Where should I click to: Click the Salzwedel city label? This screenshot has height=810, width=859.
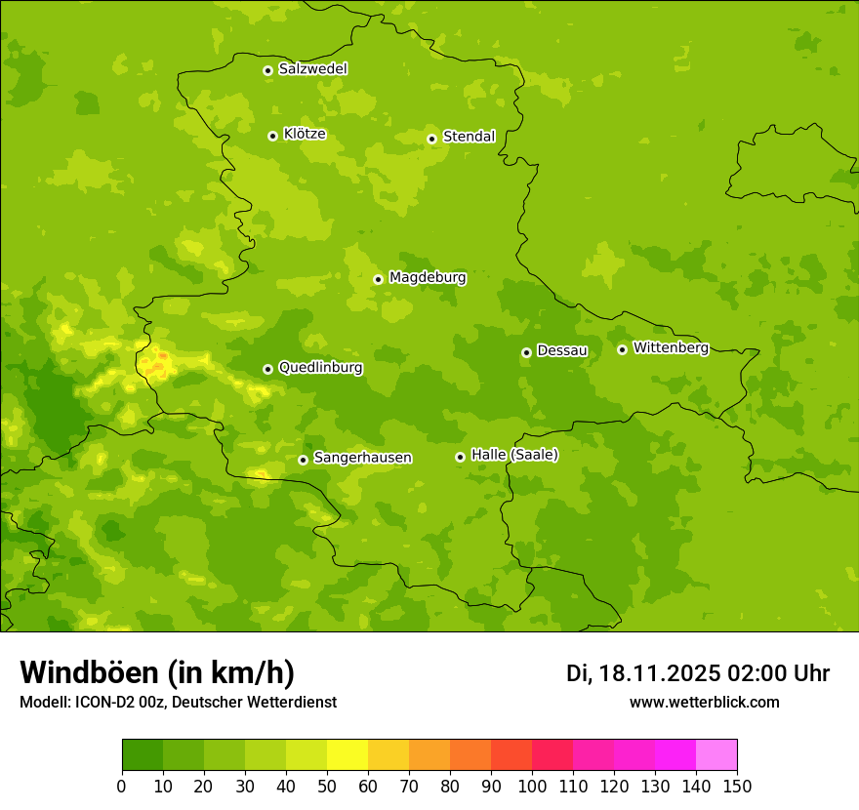pyautogui.click(x=312, y=69)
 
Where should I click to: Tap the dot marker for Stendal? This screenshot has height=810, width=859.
pyautogui.click(x=431, y=139)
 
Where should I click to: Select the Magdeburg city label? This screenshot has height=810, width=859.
pyautogui.click(x=428, y=278)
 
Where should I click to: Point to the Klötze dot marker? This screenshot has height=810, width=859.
pyautogui.click(x=272, y=136)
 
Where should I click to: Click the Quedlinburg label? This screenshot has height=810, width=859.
pyautogui.click(x=320, y=368)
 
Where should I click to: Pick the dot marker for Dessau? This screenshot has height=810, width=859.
pyautogui.click(x=526, y=352)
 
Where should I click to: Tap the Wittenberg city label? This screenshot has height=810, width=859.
pyautogui.click(x=671, y=348)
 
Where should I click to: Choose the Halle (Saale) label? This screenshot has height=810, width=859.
pyautogui.click(x=514, y=455)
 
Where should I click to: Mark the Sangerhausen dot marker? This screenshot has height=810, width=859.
pyautogui.click(x=303, y=460)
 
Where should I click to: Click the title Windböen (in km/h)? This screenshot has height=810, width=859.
pyautogui.click(x=157, y=672)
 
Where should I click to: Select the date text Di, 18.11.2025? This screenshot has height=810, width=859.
pyautogui.click(x=642, y=673)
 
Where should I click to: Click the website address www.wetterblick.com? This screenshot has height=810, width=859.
pyautogui.click(x=704, y=702)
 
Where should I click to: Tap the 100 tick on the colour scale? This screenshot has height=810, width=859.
pyautogui.click(x=532, y=786)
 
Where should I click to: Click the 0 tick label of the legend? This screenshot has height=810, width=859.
pyautogui.click(x=122, y=786)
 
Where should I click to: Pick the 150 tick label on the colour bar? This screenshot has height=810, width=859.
pyautogui.click(x=737, y=786)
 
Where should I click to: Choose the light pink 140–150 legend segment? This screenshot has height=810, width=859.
pyautogui.click(x=716, y=755)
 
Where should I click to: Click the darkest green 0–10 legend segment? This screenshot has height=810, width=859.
pyautogui.click(x=143, y=755)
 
